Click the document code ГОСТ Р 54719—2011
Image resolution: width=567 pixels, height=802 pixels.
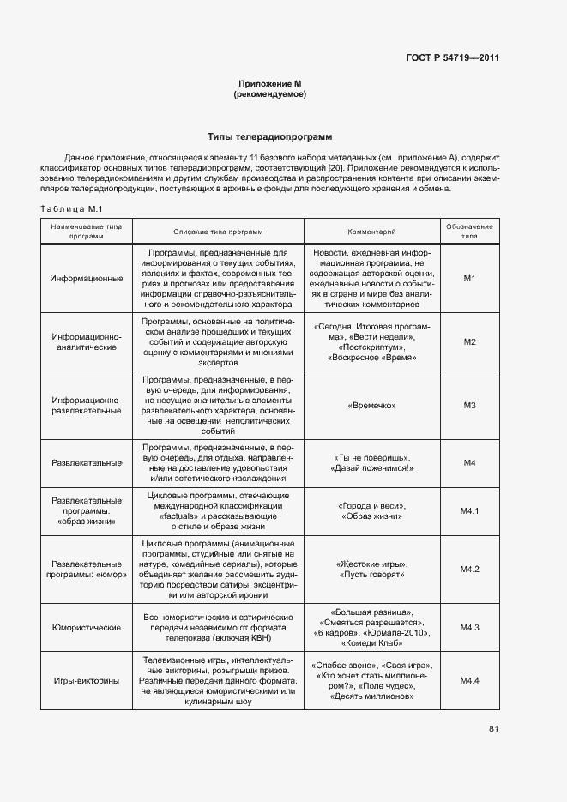pyautogui.click(x=452, y=58)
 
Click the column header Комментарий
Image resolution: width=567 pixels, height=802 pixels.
pyautogui.click(x=371, y=232)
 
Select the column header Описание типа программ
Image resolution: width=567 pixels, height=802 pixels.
pyautogui.click(x=218, y=232)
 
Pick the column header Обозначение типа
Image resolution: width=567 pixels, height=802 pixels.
pyautogui.click(x=469, y=232)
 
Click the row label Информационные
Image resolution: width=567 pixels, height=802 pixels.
pyautogui.click(x=86, y=279)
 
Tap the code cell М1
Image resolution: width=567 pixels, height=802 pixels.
pyautogui.click(x=469, y=279)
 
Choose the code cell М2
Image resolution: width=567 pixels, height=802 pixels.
pyautogui.click(x=469, y=341)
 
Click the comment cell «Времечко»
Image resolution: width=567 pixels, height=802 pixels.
pyautogui.click(x=371, y=404)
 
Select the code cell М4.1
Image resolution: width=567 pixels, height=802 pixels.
pyautogui.click(x=469, y=511)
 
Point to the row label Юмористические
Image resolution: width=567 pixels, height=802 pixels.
pyautogui.click(x=86, y=628)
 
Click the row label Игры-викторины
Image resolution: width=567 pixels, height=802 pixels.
pyautogui.click(x=86, y=681)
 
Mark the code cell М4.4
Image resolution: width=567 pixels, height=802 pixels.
pyautogui.click(x=469, y=681)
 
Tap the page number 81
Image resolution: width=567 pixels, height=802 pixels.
pyautogui.click(x=493, y=729)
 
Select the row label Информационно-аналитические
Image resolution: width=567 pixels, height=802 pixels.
pyautogui.click(x=86, y=341)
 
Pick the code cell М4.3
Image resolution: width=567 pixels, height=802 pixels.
pyautogui.click(x=469, y=628)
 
